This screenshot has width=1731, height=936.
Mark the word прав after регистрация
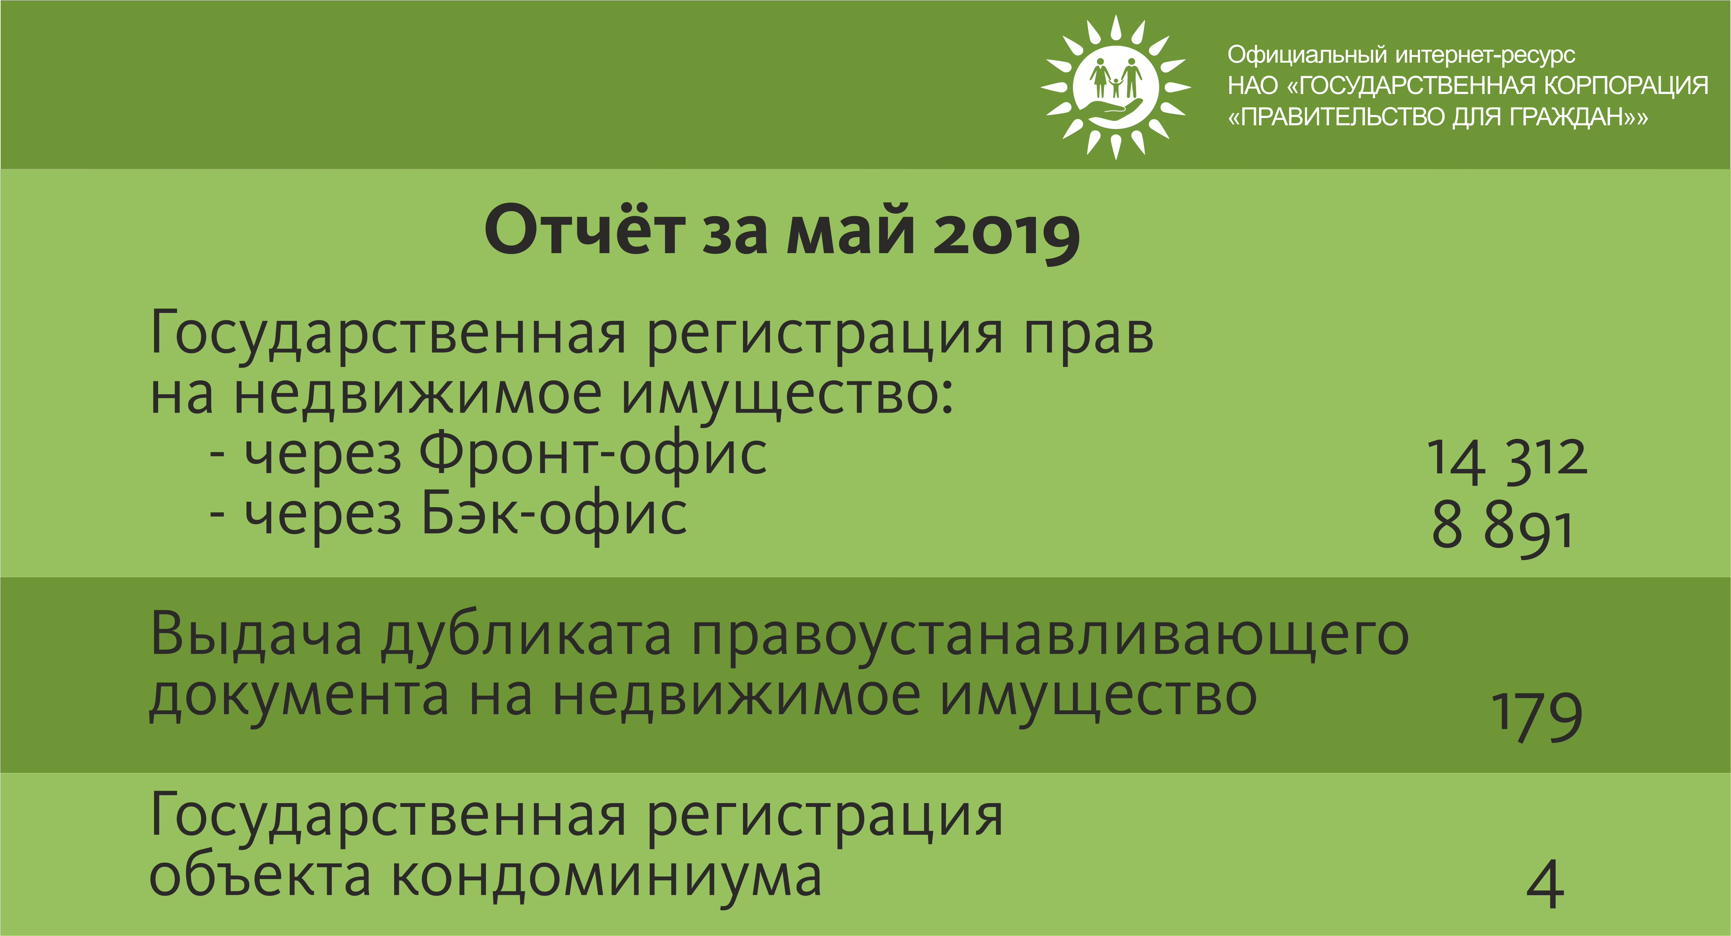point(1089,336)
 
